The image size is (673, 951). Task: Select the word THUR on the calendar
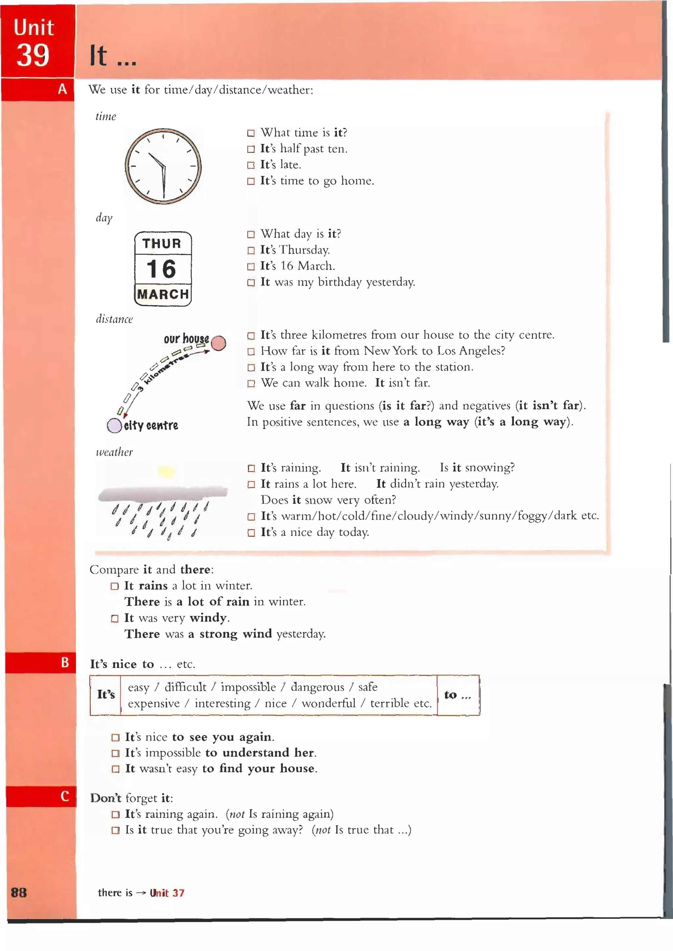[x=162, y=243]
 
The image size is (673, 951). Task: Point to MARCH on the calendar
[x=163, y=294]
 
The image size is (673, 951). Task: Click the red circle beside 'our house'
[x=219, y=343]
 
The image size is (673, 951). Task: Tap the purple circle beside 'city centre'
[x=114, y=425]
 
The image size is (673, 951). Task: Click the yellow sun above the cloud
[x=166, y=471]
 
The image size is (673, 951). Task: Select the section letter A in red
[x=62, y=89]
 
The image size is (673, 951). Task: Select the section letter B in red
[x=65, y=662]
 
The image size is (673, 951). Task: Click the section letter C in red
[x=65, y=796]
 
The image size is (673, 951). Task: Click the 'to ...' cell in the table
[x=457, y=695]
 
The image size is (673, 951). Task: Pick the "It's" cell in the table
[x=106, y=695]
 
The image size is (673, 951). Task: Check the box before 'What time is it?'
[x=251, y=133]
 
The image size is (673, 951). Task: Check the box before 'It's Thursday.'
[x=251, y=251]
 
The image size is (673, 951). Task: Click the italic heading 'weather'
[x=114, y=452]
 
